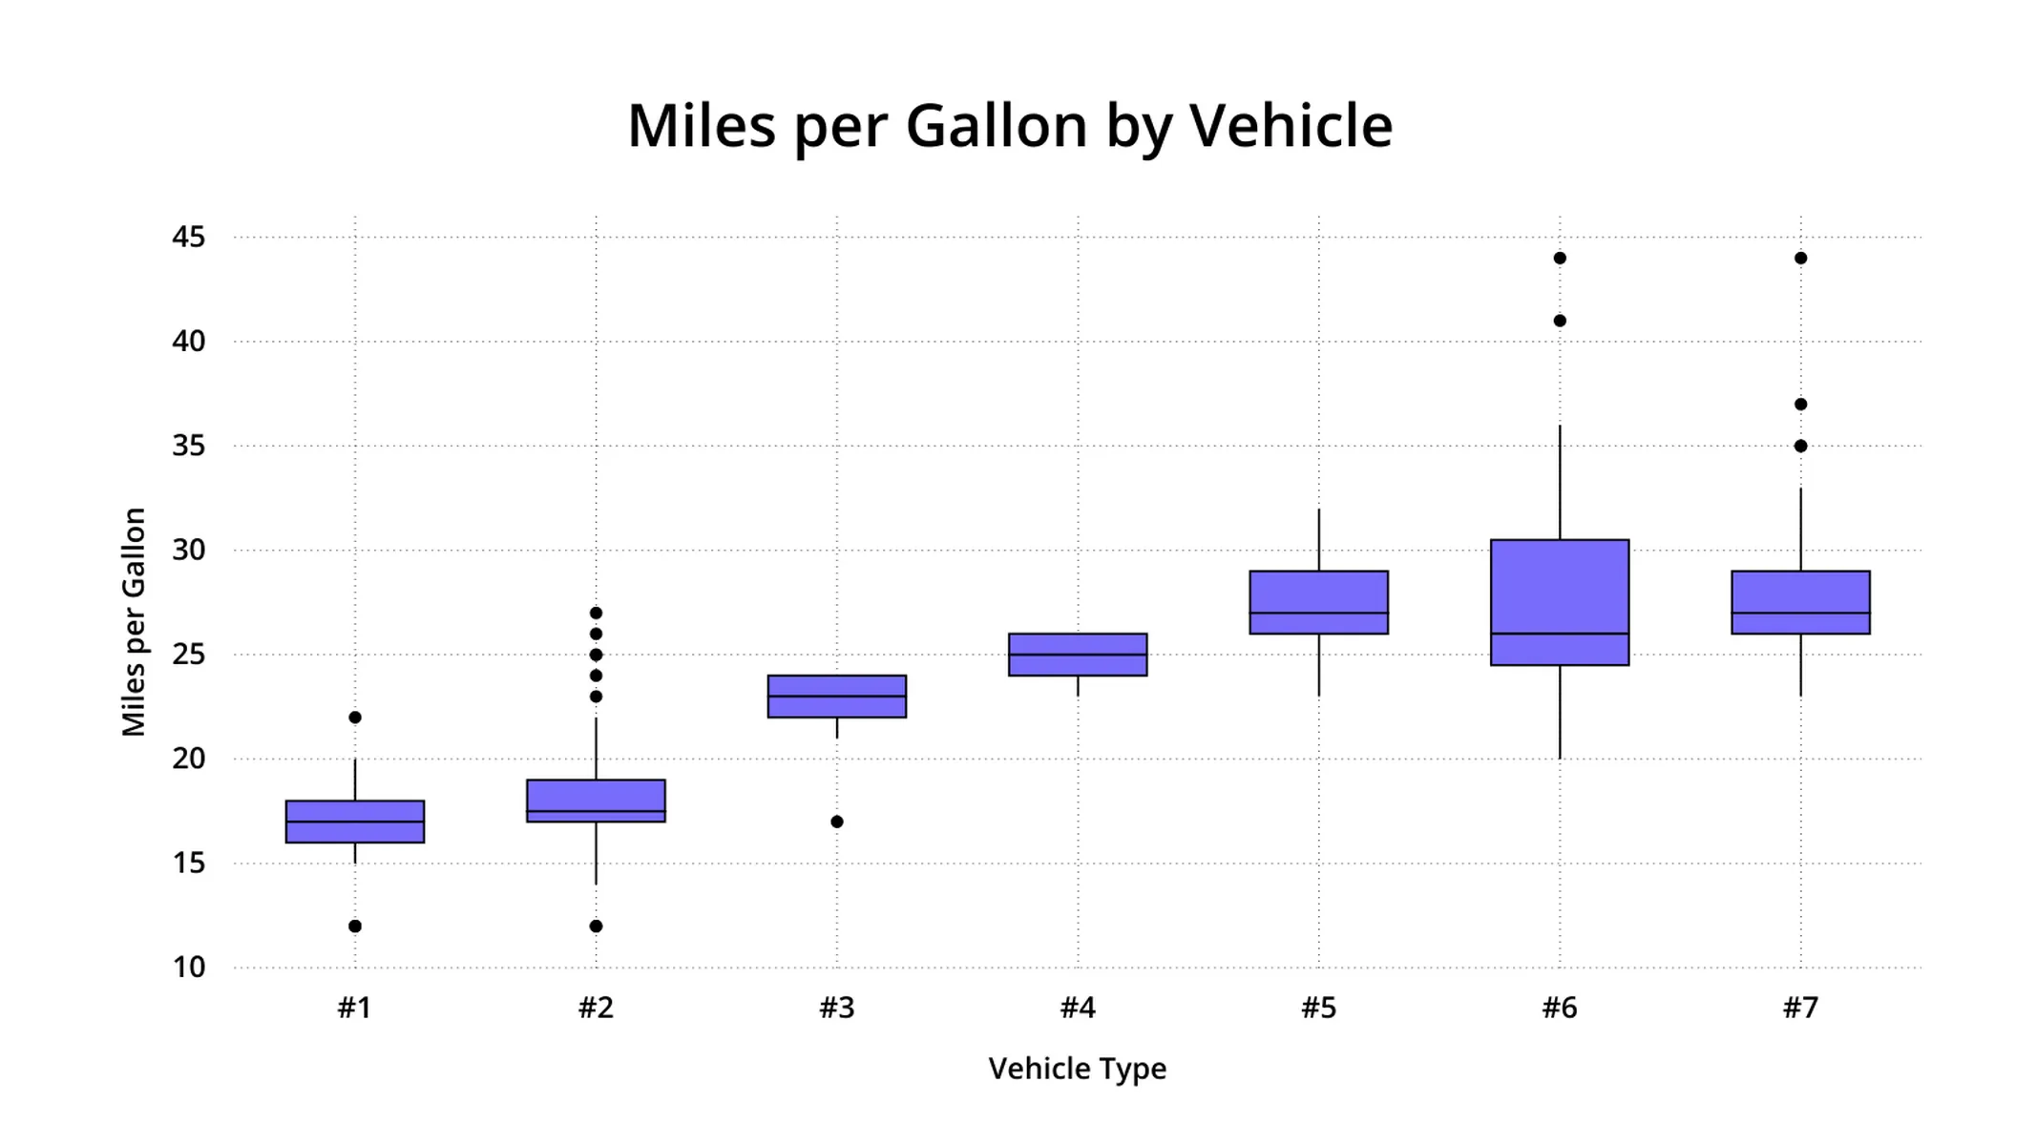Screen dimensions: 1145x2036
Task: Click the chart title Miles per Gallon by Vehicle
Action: [x=1009, y=126]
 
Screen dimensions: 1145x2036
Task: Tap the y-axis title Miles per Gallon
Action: [x=134, y=622]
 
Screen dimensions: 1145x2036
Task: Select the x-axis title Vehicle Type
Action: [x=1077, y=1069]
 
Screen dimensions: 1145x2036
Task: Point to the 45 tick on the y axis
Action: [x=188, y=237]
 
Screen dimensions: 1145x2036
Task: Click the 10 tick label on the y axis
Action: [x=188, y=968]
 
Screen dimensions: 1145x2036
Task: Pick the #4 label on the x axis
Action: [x=1078, y=1008]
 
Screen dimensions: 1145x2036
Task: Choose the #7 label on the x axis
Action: [x=1800, y=1008]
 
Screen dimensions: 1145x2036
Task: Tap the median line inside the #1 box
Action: [x=355, y=822]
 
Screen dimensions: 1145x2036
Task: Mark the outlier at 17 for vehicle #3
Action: [x=837, y=822]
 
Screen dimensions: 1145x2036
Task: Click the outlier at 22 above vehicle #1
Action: [x=355, y=718]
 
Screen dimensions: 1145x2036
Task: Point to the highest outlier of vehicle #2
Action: [x=596, y=613]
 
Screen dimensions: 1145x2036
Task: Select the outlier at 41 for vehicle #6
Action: [x=1560, y=321]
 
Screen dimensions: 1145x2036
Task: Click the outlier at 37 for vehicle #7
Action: [x=1800, y=405]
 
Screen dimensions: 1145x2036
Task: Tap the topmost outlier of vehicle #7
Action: [x=1800, y=259]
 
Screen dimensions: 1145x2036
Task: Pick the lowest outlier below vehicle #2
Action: [x=596, y=926]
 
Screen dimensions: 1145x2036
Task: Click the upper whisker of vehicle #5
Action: [x=1319, y=540]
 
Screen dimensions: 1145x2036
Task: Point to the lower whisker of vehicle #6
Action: [x=1560, y=713]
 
